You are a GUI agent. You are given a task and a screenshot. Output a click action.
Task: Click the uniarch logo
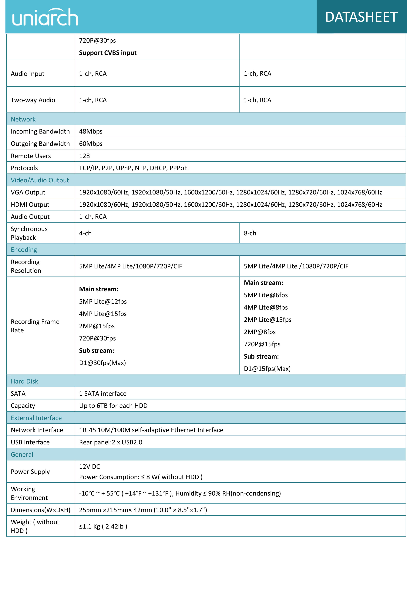click(45, 17)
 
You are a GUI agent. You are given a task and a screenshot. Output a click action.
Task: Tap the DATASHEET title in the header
click(361, 17)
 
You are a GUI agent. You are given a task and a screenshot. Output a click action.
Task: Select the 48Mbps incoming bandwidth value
click(91, 131)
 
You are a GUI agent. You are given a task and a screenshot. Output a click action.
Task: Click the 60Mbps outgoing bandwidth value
click(91, 144)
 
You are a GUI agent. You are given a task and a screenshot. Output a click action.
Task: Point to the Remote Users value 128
click(84, 156)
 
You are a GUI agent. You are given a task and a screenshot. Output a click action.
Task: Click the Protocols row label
click(24, 168)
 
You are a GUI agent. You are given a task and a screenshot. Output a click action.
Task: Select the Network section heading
click(23, 119)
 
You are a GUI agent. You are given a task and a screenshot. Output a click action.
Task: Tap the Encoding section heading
click(24, 250)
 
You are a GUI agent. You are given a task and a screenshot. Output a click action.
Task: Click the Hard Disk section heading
click(24, 381)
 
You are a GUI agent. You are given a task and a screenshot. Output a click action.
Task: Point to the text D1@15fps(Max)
click(267, 369)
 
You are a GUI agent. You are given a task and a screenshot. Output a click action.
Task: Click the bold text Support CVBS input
click(108, 53)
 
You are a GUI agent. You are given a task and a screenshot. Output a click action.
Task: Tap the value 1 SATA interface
click(103, 394)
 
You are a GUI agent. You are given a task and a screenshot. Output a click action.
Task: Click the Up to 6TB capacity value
click(113, 406)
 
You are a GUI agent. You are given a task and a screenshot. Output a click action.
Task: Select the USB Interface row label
click(30, 442)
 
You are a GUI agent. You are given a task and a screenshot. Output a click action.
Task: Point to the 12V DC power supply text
click(89, 467)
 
